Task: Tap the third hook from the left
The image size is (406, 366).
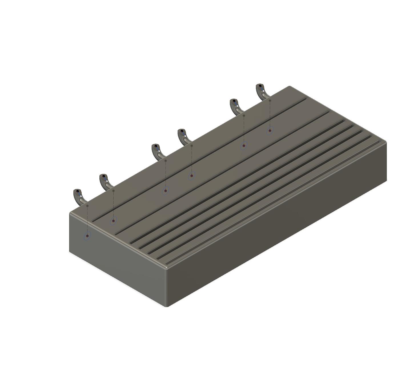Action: [157, 152]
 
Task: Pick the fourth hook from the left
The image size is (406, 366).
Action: [183, 137]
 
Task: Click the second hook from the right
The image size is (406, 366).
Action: [236, 107]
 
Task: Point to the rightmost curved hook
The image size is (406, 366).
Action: [262, 92]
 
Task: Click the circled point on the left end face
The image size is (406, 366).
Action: [87, 236]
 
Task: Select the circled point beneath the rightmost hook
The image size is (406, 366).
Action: [270, 131]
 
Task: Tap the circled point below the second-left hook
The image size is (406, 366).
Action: [114, 221]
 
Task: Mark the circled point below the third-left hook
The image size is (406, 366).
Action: [166, 191]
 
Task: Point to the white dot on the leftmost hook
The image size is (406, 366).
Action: [81, 196]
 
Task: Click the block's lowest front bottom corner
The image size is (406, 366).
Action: [166, 306]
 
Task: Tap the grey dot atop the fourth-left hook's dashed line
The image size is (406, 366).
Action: [192, 146]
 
